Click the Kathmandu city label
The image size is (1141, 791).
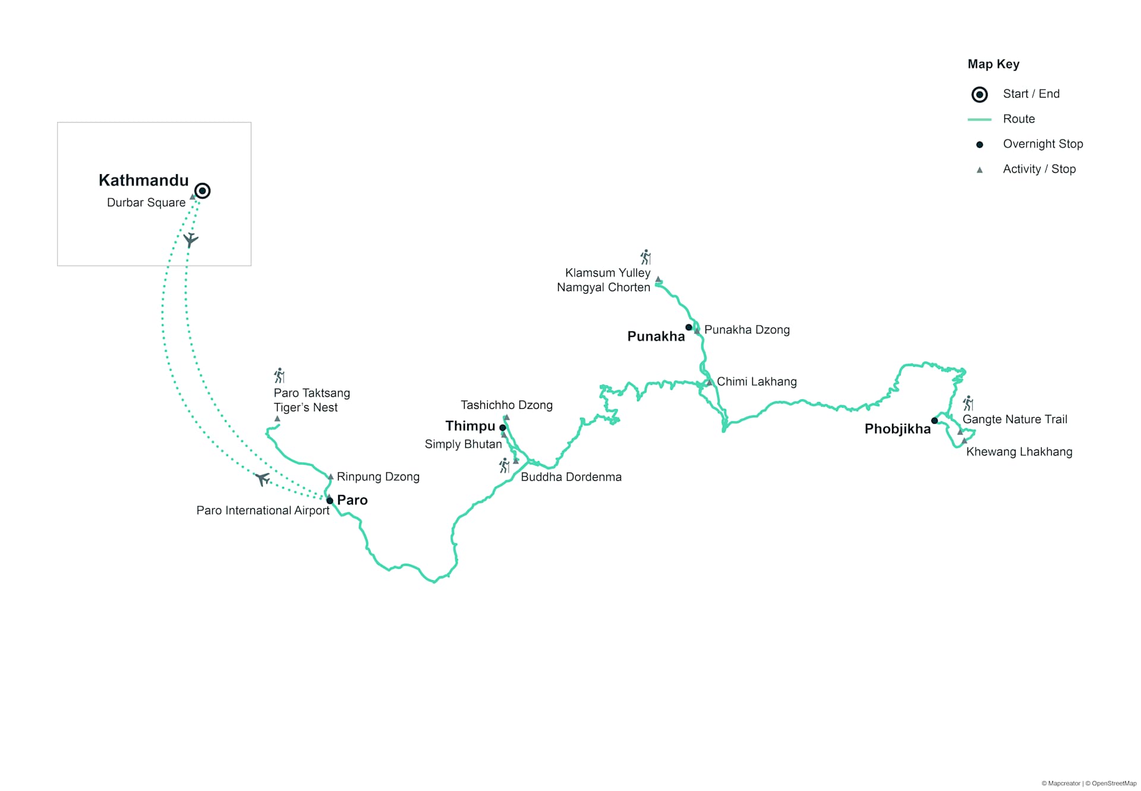click(x=143, y=180)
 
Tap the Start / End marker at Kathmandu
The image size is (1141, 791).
click(x=203, y=191)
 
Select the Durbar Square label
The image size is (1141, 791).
click(x=146, y=203)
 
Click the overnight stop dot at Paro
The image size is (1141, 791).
click(x=330, y=500)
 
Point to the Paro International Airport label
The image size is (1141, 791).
click(x=263, y=510)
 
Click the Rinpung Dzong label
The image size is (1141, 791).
click(x=378, y=477)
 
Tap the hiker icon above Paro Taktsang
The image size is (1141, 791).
click(x=279, y=376)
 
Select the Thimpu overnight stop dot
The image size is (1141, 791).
click(x=503, y=427)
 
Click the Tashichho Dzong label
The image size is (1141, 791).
click(x=506, y=405)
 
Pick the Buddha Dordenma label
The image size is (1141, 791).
click(x=571, y=477)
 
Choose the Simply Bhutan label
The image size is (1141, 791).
click(x=463, y=444)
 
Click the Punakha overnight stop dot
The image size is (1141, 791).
click(x=689, y=327)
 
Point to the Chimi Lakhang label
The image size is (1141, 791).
click(x=757, y=382)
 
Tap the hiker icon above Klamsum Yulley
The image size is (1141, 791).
click(x=646, y=257)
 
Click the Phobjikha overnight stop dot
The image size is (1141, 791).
click(x=934, y=421)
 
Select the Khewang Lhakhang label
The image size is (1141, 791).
click(x=1019, y=452)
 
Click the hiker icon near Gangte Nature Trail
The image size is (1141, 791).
click(x=969, y=404)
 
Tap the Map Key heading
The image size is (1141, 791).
click(x=993, y=64)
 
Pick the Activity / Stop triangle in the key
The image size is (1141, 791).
click(x=980, y=170)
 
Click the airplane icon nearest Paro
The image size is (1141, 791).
click(x=262, y=478)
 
